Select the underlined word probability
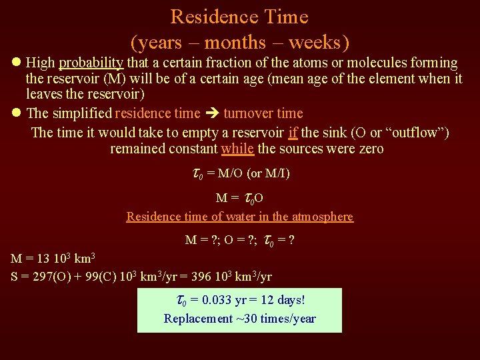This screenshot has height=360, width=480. [x=91, y=63]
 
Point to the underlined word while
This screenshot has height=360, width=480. [x=237, y=148]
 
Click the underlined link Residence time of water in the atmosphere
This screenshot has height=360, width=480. [x=240, y=216]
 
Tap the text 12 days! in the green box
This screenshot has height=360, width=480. [x=283, y=301]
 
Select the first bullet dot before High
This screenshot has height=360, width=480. [x=17, y=63]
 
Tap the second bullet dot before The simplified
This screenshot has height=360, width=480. [x=17, y=113]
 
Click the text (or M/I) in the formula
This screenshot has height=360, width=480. [x=268, y=174]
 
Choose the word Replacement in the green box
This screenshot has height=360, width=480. [x=197, y=319]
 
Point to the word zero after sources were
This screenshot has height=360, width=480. [x=369, y=148]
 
